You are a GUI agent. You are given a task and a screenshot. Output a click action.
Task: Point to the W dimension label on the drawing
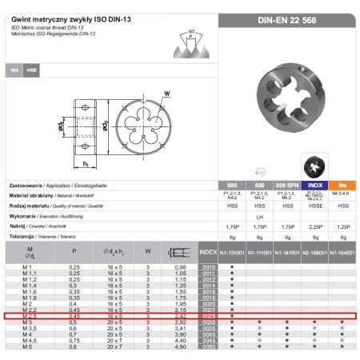(166, 94)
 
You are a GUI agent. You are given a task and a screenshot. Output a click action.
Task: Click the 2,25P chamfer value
(314, 226)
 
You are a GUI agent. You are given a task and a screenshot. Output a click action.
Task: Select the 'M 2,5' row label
(27, 317)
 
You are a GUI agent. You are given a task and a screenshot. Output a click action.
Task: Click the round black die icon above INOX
(313, 166)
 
